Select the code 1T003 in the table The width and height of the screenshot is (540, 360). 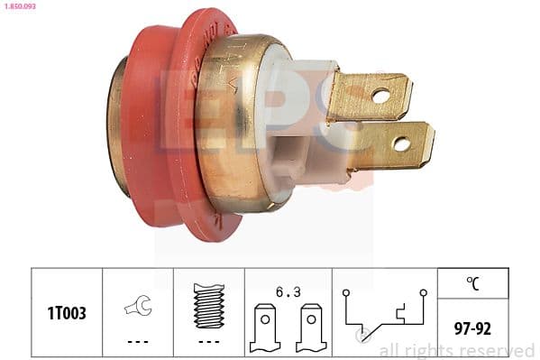pyautogui.click(x=67, y=313)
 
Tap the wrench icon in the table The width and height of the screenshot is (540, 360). pyautogui.click(x=137, y=307)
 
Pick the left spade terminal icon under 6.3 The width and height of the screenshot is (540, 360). pyautogui.click(x=265, y=328)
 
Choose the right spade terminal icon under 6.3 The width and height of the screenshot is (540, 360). pyautogui.click(x=310, y=328)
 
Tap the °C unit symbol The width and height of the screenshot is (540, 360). pyautogui.click(x=473, y=282)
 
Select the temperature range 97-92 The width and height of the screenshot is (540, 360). pyautogui.click(x=473, y=328)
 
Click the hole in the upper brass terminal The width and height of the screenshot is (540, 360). pyautogui.click(x=380, y=95)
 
